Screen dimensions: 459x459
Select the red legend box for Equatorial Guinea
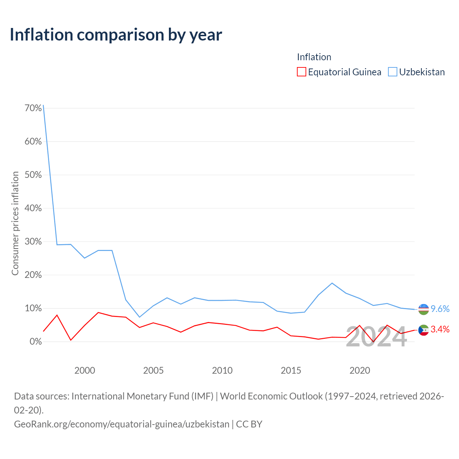point(301,72)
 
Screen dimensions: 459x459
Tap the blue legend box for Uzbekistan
point(392,72)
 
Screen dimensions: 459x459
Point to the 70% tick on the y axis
point(33,108)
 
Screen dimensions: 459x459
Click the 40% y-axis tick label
point(33,208)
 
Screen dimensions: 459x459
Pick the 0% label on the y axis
point(36,342)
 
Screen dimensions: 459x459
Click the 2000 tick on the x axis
point(85,370)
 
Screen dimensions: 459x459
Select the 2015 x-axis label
point(291,370)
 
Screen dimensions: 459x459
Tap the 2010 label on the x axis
point(222,370)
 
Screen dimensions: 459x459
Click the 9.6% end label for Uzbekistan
point(440,309)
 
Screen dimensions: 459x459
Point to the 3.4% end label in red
point(440,329)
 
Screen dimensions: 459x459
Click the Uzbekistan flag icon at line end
point(423,309)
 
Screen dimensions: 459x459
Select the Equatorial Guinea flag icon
point(423,330)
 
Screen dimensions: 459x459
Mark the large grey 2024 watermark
point(377,337)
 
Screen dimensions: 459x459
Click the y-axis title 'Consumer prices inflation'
point(15,223)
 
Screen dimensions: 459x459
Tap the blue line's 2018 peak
point(332,283)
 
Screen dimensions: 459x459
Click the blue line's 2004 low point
point(139,317)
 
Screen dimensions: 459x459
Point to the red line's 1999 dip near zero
point(71,340)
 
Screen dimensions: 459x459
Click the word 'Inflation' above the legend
point(314,57)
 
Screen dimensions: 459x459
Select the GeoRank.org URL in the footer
point(122,424)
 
